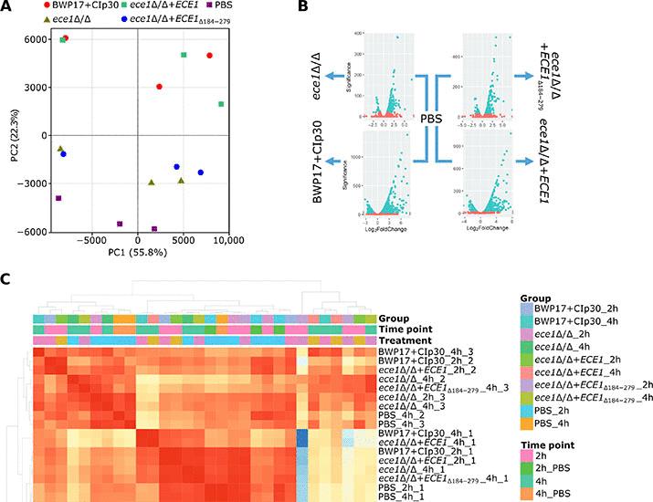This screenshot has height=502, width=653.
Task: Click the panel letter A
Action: click(x=9, y=7)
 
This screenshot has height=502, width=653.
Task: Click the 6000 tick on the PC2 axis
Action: click(x=37, y=39)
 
